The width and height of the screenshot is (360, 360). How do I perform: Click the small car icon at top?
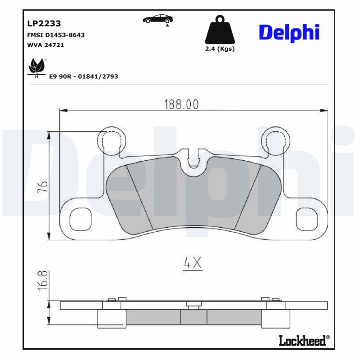(158, 19)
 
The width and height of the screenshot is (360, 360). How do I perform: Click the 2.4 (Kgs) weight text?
(220, 49)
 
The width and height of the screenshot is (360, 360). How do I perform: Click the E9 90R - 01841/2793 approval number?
(83, 76)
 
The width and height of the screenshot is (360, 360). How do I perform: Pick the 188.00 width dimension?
(181, 104)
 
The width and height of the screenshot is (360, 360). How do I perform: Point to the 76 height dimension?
(41, 185)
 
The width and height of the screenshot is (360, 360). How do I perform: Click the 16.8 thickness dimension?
(41, 281)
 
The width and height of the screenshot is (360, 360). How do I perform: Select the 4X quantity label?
(193, 263)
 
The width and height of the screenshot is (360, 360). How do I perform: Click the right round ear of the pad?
(275, 140)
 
